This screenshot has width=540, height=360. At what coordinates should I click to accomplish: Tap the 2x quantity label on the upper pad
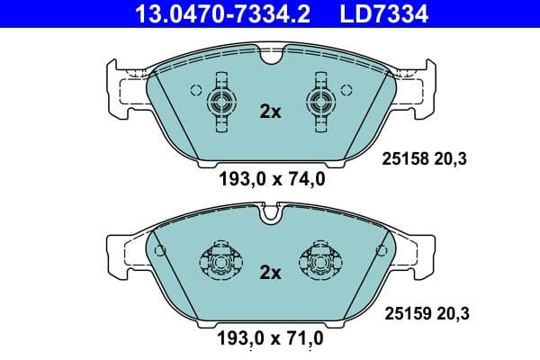click(270, 112)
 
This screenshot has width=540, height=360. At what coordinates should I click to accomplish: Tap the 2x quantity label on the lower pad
click(270, 272)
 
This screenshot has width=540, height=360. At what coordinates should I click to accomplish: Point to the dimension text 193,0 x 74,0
click(271, 179)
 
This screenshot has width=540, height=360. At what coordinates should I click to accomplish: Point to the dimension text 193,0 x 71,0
click(271, 339)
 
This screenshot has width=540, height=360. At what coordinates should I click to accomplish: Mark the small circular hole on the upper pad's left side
click(195, 89)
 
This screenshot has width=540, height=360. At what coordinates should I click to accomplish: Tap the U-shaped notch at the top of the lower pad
click(270, 215)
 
